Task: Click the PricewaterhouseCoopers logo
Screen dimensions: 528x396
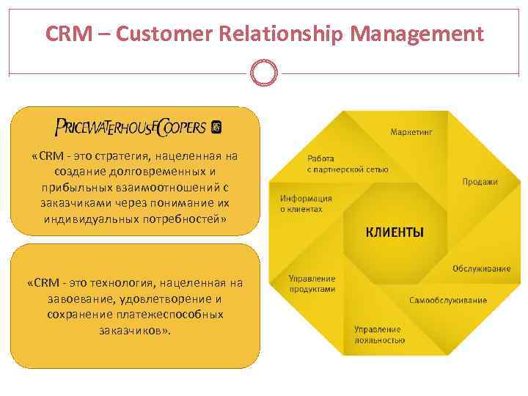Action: (130, 128)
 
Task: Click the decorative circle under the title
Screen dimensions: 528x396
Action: (264, 73)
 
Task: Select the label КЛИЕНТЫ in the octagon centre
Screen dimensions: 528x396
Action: (395, 233)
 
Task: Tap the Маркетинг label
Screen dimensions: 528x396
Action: (411, 133)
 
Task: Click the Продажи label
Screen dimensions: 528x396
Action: (480, 182)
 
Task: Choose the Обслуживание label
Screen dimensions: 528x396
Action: (481, 268)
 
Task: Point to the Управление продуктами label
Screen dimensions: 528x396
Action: (312, 284)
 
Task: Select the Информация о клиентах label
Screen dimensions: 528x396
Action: (306, 203)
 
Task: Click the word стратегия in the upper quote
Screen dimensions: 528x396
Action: (133, 156)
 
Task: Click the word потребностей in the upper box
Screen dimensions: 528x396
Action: (180, 219)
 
